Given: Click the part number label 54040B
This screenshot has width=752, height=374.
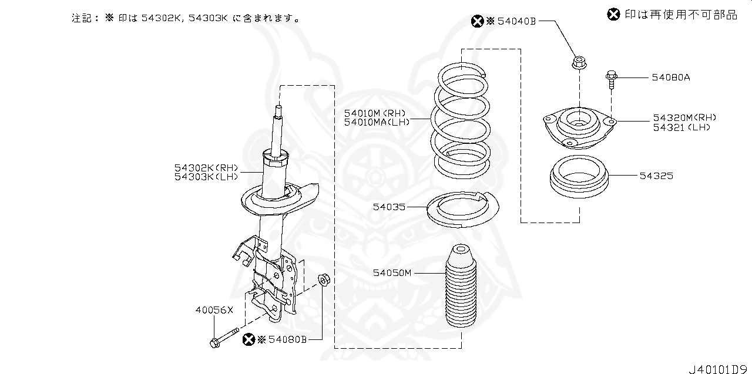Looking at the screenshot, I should point(516,21).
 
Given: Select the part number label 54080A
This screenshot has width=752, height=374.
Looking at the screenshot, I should point(670,77).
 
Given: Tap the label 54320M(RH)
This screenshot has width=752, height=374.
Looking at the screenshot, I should point(684,117).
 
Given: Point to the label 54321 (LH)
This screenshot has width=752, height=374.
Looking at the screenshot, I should point(681,127).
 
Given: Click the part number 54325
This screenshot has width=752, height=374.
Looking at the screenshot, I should point(657,176).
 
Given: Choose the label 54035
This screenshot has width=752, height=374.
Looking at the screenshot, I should point(388,207).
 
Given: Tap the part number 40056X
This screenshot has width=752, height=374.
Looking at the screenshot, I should point(214,310).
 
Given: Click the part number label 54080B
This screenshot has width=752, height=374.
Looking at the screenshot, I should point(288,339).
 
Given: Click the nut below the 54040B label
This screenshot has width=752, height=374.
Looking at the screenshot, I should point(579,62).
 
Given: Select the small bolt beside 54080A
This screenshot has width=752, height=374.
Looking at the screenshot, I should point(611,80).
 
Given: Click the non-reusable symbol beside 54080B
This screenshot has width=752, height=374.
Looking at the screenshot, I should point(249,339).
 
